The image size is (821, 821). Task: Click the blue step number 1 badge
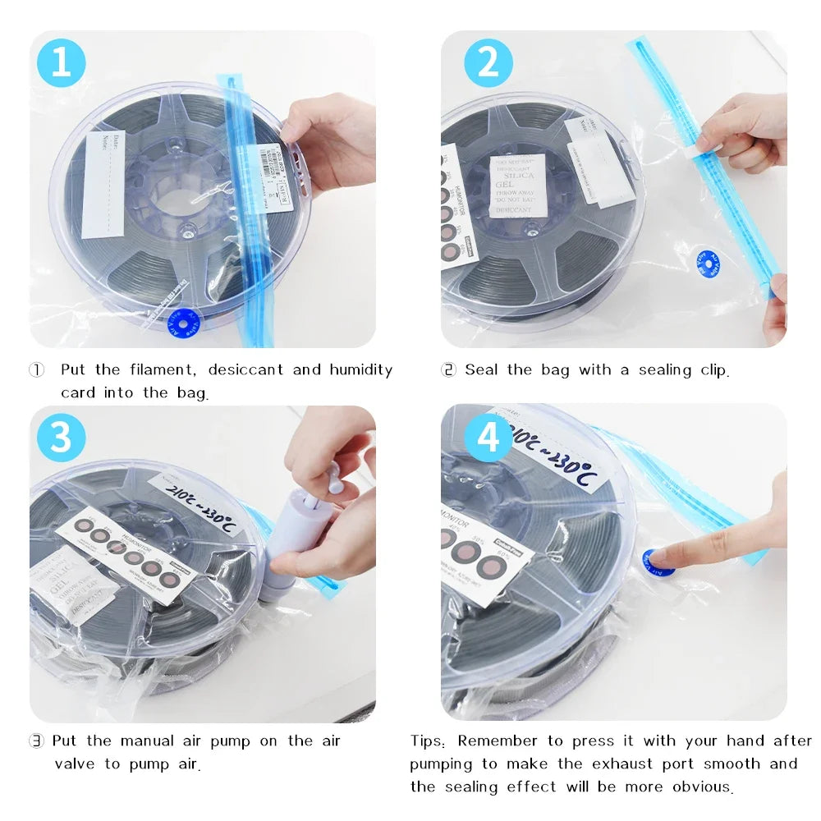[x=62, y=62]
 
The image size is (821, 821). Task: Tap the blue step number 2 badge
[x=488, y=62]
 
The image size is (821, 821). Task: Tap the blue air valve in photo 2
[x=705, y=264]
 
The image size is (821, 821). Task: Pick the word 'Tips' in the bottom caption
[x=428, y=741]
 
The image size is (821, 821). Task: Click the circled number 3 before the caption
[x=36, y=741]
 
